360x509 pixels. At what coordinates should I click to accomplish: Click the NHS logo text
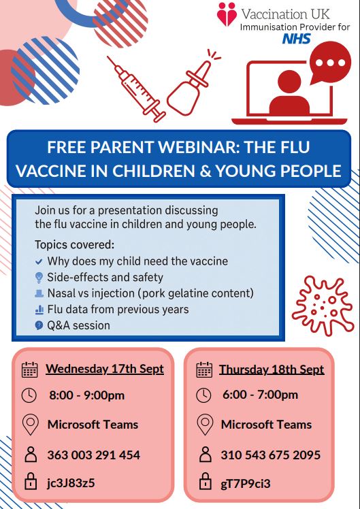click(x=297, y=39)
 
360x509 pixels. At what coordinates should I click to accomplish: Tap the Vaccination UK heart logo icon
click(x=227, y=14)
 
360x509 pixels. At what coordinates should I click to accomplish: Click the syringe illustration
click(x=136, y=89)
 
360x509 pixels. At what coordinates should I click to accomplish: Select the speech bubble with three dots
click(x=330, y=63)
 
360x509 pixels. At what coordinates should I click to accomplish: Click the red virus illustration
click(x=323, y=305)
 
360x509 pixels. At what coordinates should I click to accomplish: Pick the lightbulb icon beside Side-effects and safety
click(x=39, y=278)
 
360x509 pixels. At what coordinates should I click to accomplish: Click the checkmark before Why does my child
click(x=39, y=261)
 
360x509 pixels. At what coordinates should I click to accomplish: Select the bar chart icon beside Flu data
click(x=39, y=310)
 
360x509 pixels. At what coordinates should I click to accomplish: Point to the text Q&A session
click(x=78, y=325)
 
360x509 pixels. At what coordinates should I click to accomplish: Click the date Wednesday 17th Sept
click(x=105, y=369)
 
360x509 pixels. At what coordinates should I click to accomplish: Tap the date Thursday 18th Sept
click(x=272, y=370)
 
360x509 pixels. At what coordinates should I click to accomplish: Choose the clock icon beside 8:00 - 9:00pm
click(x=29, y=396)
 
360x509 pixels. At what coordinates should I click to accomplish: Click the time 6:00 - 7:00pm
click(x=260, y=395)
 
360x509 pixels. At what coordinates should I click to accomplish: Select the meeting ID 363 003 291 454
click(x=94, y=455)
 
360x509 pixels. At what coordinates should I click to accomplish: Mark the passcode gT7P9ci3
click(x=246, y=484)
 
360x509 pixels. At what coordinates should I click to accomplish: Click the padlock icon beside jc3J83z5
click(x=31, y=482)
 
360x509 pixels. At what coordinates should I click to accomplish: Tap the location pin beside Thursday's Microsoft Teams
click(x=205, y=425)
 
